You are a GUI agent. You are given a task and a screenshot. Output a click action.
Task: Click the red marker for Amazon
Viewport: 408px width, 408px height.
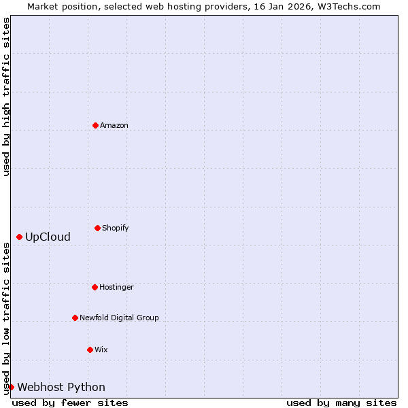(95, 125)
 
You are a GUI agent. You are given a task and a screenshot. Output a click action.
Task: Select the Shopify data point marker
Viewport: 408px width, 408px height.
(97, 228)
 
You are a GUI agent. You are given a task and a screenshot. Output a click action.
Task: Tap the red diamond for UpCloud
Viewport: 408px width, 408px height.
(19, 237)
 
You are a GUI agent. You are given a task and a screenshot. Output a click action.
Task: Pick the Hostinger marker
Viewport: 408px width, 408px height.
(95, 287)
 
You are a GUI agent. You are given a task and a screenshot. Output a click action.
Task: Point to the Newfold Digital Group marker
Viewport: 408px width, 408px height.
(75, 318)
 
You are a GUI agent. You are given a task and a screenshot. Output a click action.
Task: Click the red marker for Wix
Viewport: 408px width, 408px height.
(90, 350)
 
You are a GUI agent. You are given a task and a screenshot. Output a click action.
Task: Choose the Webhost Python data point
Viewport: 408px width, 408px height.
(11, 387)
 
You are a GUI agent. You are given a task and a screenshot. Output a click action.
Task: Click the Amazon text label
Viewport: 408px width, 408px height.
(114, 125)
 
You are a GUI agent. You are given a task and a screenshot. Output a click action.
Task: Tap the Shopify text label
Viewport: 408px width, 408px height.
(116, 228)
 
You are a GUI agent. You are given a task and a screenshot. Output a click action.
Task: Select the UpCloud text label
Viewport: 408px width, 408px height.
(48, 237)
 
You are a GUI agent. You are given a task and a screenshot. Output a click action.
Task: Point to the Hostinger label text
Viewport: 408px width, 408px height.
(116, 287)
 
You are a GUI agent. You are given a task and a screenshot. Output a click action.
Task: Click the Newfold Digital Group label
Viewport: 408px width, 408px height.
(119, 318)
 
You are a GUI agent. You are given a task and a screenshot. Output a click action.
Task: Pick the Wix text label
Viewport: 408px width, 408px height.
(101, 350)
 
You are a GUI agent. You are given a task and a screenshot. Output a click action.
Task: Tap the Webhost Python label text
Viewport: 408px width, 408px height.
(61, 388)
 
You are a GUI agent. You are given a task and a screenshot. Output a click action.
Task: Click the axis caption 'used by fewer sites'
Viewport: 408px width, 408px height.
(70, 403)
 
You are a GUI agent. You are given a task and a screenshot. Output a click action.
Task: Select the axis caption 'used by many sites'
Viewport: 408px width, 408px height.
(341, 403)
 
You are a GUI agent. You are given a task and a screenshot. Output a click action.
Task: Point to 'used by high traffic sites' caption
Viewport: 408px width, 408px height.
(6, 97)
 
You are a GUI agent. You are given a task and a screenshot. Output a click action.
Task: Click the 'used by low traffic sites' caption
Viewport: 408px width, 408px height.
(6, 318)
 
